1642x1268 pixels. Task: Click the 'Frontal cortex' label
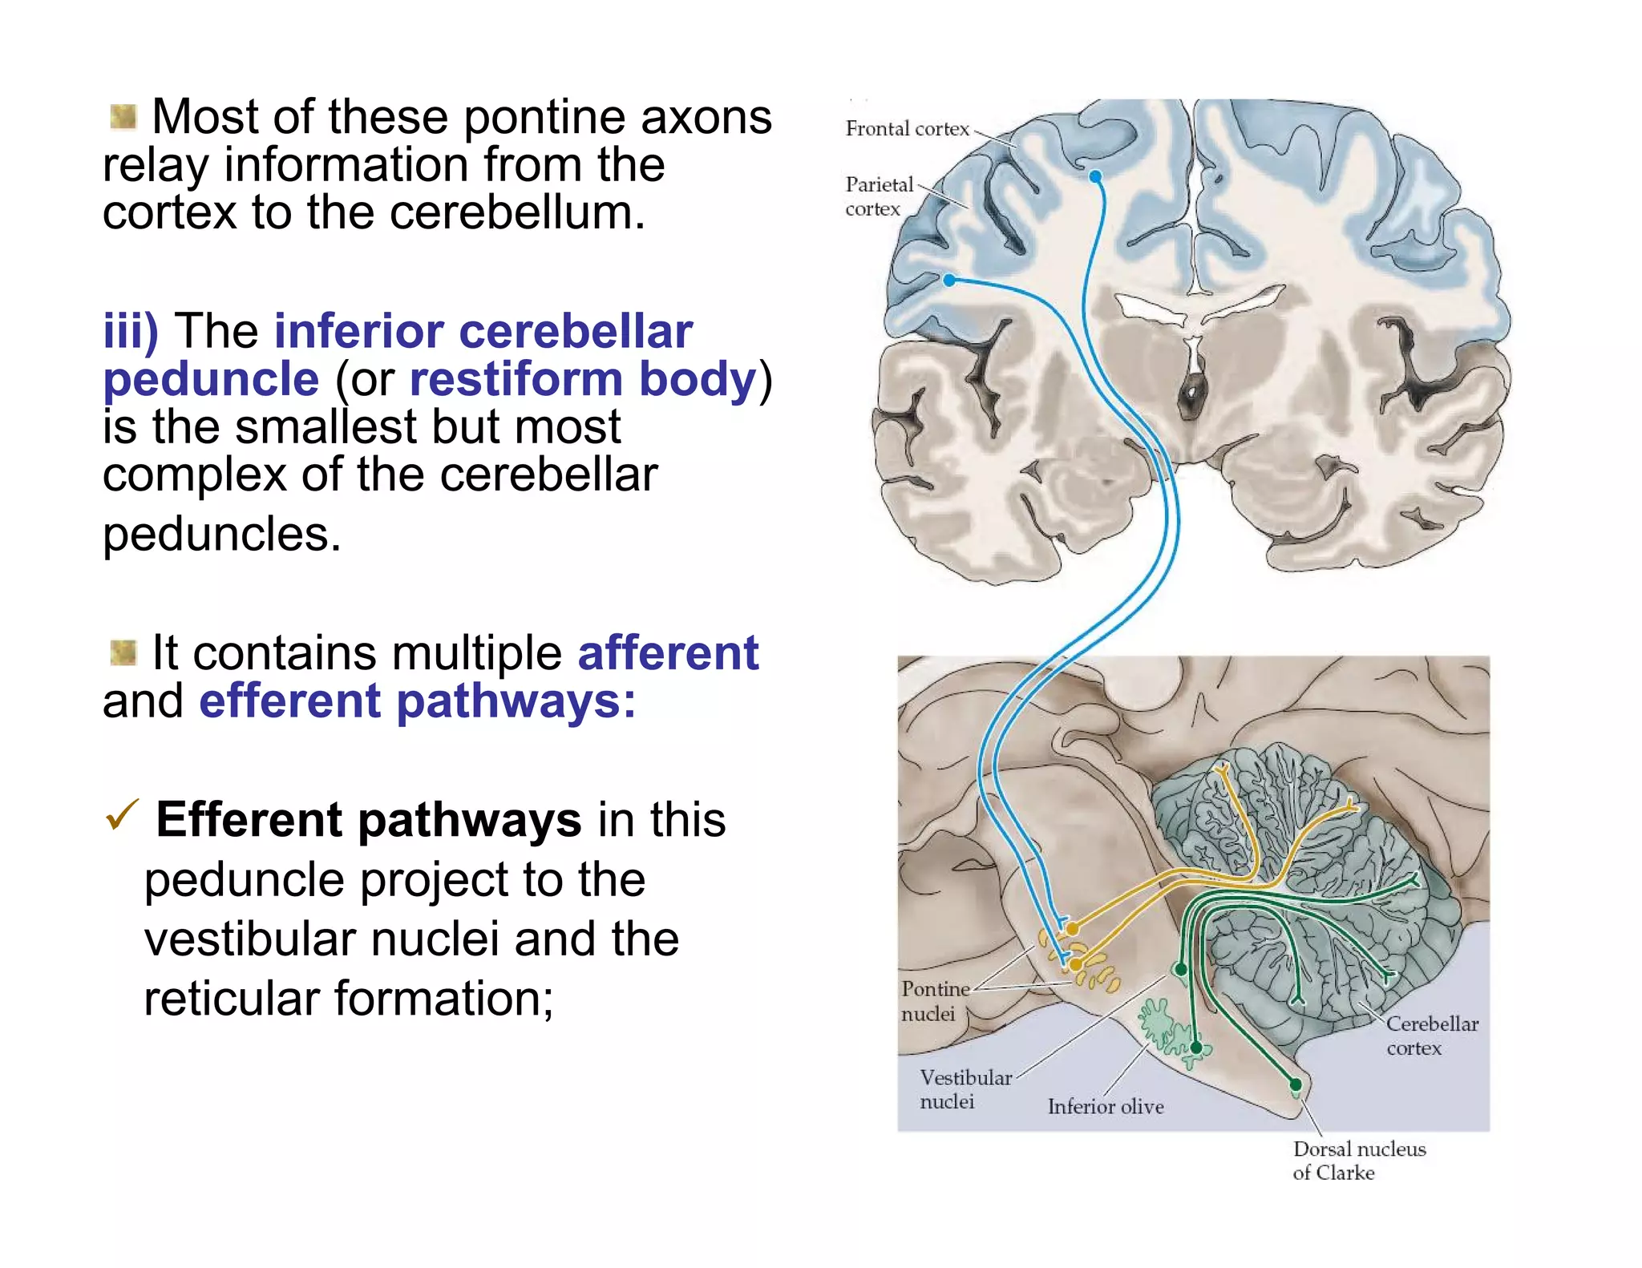pyautogui.click(x=907, y=129)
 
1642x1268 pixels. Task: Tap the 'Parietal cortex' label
pyautogui.click(x=878, y=196)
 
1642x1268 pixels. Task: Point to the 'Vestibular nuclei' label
pyautogui.click(x=965, y=1088)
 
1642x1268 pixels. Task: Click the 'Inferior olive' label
pyautogui.click(x=1105, y=1106)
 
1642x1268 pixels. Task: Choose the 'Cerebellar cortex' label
pyautogui.click(x=1431, y=1036)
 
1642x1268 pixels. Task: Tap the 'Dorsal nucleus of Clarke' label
pyautogui.click(x=1358, y=1160)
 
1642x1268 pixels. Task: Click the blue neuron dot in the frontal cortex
pyautogui.click(x=1095, y=176)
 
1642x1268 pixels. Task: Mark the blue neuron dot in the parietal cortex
pyautogui.click(x=949, y=281)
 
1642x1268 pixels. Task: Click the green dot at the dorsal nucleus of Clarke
pyautogui.click(x=1296, y=1085)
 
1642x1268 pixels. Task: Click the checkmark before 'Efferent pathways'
pyautogui.click(x=122, y=815)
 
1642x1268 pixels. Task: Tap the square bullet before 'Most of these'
pyautogui.click(x=123, y=117)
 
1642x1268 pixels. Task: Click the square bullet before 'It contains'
pyautogui.click(x=123, y=652)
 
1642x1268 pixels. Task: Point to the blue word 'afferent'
pyautogui.click(x=667, y=652)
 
